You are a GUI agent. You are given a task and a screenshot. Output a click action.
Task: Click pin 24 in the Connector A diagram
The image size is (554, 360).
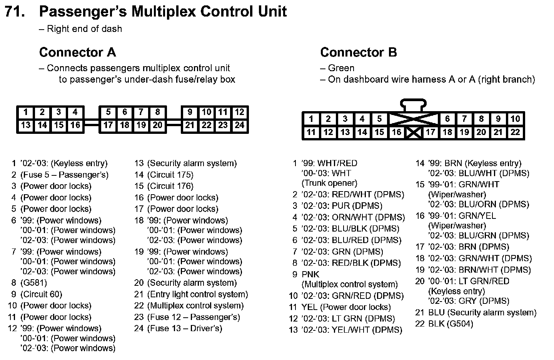point(240,125)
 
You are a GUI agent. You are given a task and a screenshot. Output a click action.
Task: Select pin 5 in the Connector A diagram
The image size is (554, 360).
point(108,112)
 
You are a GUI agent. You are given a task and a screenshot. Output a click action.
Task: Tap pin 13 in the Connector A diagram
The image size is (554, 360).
point(26,125)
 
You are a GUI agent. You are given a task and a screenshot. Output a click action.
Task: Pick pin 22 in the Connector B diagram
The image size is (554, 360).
point(515,132)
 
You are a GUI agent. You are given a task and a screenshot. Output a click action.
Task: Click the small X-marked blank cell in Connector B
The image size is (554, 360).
point(414,133)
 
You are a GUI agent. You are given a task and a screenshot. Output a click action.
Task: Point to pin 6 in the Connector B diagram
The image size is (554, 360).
point(447,119)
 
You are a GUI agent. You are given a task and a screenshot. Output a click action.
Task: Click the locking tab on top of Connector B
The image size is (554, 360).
point(414,105)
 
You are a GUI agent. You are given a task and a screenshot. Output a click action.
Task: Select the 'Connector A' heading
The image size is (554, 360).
point(77,52)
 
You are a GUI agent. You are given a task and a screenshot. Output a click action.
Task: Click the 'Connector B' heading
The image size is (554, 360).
point(358,52)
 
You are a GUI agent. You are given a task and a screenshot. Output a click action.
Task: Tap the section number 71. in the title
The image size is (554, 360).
point(15,12)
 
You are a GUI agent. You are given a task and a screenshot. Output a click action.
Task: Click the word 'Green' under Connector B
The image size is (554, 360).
point(341,68)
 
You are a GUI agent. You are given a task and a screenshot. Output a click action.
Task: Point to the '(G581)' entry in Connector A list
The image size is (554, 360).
point(34,283)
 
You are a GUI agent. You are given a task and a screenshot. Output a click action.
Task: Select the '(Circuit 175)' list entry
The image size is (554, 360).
point(170,175)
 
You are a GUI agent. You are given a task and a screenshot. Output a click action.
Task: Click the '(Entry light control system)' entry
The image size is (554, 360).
point(197,295)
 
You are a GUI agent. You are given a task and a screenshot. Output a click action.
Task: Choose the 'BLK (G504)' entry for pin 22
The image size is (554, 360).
point(451,324)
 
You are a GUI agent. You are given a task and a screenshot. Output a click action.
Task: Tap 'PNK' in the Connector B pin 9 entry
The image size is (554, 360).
point(310,275)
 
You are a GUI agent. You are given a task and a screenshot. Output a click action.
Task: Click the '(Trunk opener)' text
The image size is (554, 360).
point(329,183)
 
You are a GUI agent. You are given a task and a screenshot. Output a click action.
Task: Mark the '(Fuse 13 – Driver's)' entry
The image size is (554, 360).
point(185,328)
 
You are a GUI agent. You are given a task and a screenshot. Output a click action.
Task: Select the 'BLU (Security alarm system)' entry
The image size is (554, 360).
point(482,313)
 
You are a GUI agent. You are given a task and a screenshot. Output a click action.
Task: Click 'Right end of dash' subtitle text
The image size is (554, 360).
point(84,29)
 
